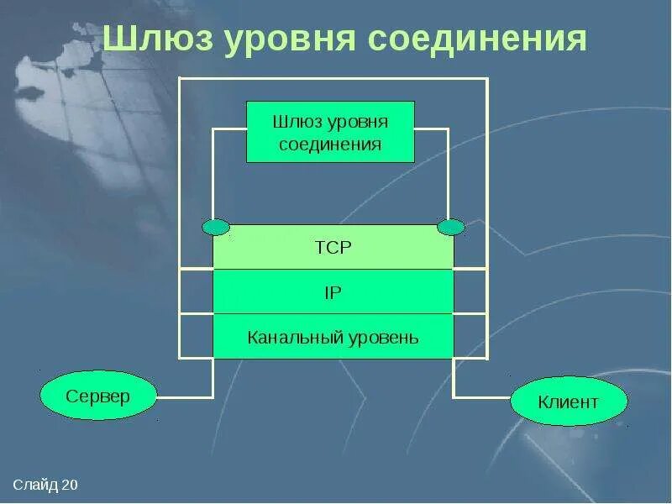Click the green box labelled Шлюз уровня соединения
(x=330, y=132)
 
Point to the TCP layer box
(x=333, y=247)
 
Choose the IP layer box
(x=333, y=292)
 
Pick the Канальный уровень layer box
(x=333, y=337)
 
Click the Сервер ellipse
(x=98, y=396)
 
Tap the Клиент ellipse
(x=569, y=401)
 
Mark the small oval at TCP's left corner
(x=215, y=227)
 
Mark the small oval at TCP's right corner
(x=451, y=227)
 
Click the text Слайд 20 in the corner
(x=45, y=486)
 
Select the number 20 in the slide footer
(x=70, y=486)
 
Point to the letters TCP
(x=333, y=247)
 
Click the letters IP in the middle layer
(x=333, y=292)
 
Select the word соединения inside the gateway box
(x=330, y=144)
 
